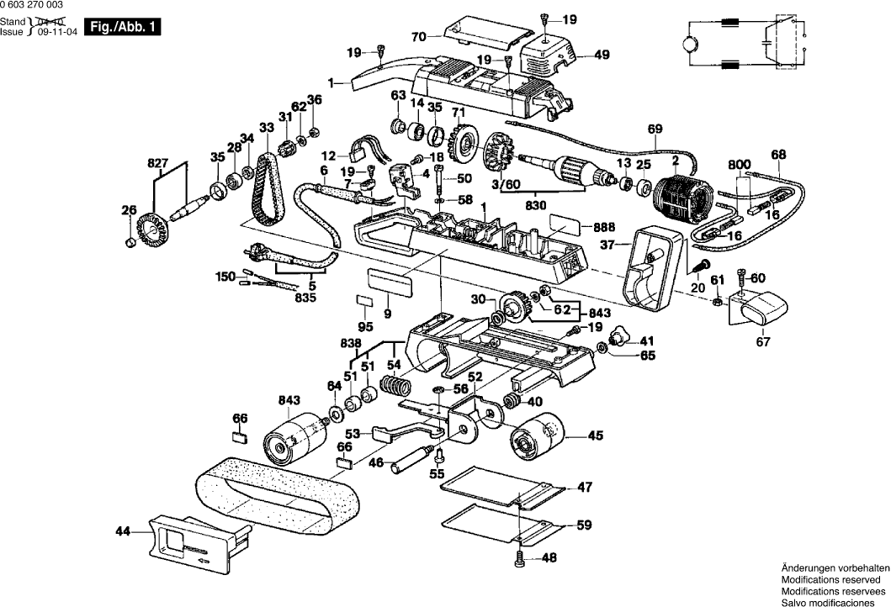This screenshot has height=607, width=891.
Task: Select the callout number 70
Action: [419, 36]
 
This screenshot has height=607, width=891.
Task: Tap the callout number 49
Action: [602, 55]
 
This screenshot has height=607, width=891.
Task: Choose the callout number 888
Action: [602, 227]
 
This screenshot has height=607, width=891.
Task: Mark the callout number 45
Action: [595, 435]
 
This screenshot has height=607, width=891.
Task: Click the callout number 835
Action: [305, 297]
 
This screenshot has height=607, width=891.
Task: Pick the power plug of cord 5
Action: [253, 252]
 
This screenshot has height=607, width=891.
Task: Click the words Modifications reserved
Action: [834, 580]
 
